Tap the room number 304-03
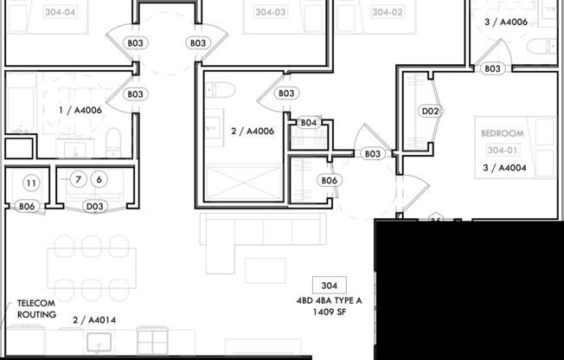[x=272, y=12]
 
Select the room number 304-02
[x=388, y=12]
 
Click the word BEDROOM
[x=503, y=133]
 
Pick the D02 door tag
[x=431, y=111]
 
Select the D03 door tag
[x=95, y=206]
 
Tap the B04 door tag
[x=310, y=123]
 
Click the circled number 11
[x=30, y=183]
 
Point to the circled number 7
[x=78, y=179]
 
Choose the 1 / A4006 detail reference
[x=80, y=111]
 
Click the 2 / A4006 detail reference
[x=254, y=132]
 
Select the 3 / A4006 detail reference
[x=508, y=23]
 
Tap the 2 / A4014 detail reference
[x=94, y=320]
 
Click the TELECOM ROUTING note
[x=35, y=309]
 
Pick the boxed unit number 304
[x=328, y=286]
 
